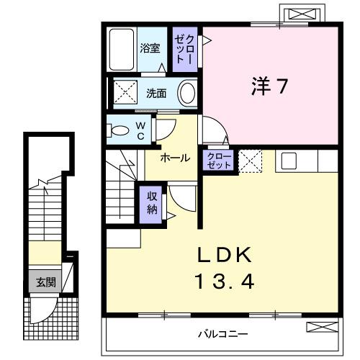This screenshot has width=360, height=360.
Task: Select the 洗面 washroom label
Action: pyautogui.click(x=157, y=93)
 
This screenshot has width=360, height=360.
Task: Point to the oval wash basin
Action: pyautogui.click(x=187, y=94)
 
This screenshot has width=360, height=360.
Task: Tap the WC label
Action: pyautogui.click(x=141, y=130)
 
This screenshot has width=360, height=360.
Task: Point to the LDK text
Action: pyautogui.click(x=223, y=255)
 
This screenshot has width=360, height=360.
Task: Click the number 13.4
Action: pyautogui.click(x=223, y=281)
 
